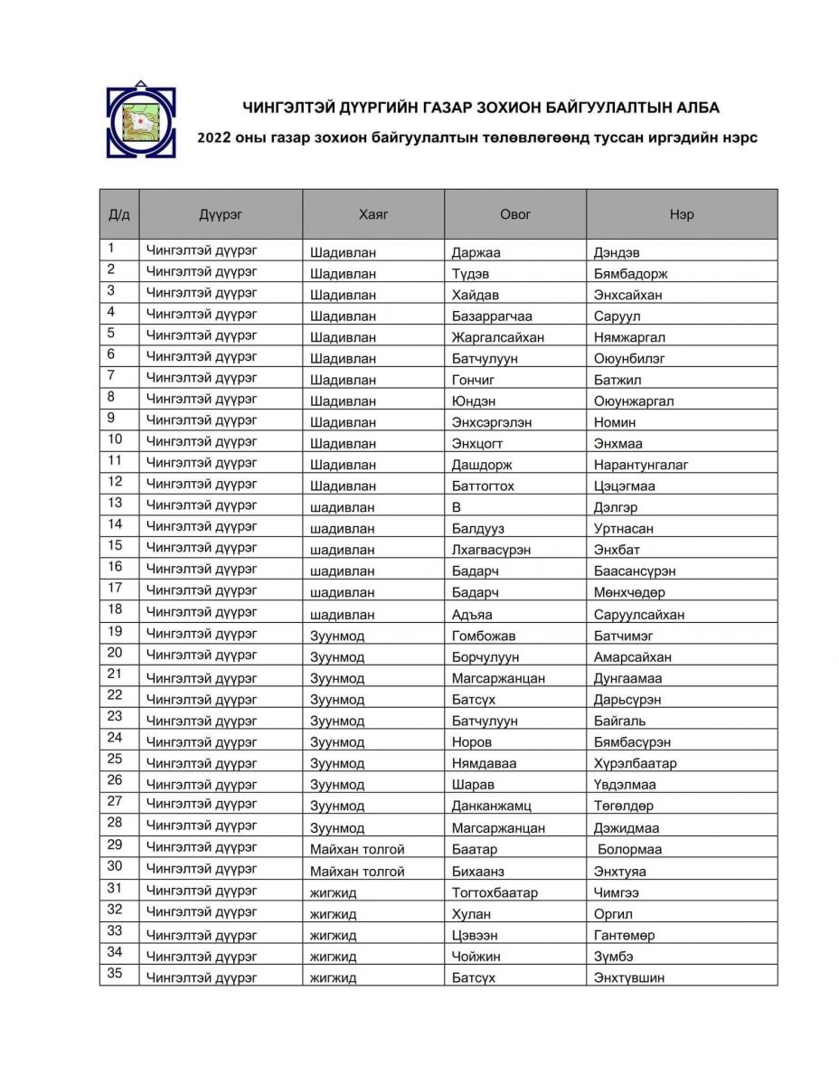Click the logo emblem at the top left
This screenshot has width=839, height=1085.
coord(141,120)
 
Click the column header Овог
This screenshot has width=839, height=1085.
coord(515,214)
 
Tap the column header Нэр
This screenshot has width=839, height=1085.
coord(682,214)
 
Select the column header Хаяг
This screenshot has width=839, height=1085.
coord(372,214)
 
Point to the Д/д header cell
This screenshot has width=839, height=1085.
coord(119,214)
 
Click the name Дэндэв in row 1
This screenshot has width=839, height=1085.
coord(617,252)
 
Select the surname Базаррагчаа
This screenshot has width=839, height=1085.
coord(492,316)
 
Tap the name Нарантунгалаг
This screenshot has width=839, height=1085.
coord(641,465)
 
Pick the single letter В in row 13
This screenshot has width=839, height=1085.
coord(457,507)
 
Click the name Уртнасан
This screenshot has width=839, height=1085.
coord(623,529)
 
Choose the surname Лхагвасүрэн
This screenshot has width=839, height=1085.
coord(491,550)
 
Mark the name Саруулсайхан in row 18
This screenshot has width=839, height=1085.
coord(639,615)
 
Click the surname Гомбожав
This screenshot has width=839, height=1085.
coord(484,636)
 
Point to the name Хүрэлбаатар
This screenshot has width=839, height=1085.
coord(635,763)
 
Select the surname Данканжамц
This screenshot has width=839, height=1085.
coord(491,806)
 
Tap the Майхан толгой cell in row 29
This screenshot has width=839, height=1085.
coord(357,849)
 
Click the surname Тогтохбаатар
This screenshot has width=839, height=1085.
coord(495,892)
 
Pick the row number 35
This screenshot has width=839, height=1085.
coord(115,974)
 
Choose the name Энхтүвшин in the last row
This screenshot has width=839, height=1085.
coord(629,977)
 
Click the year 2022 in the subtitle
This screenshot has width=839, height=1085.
coord(214,138)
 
